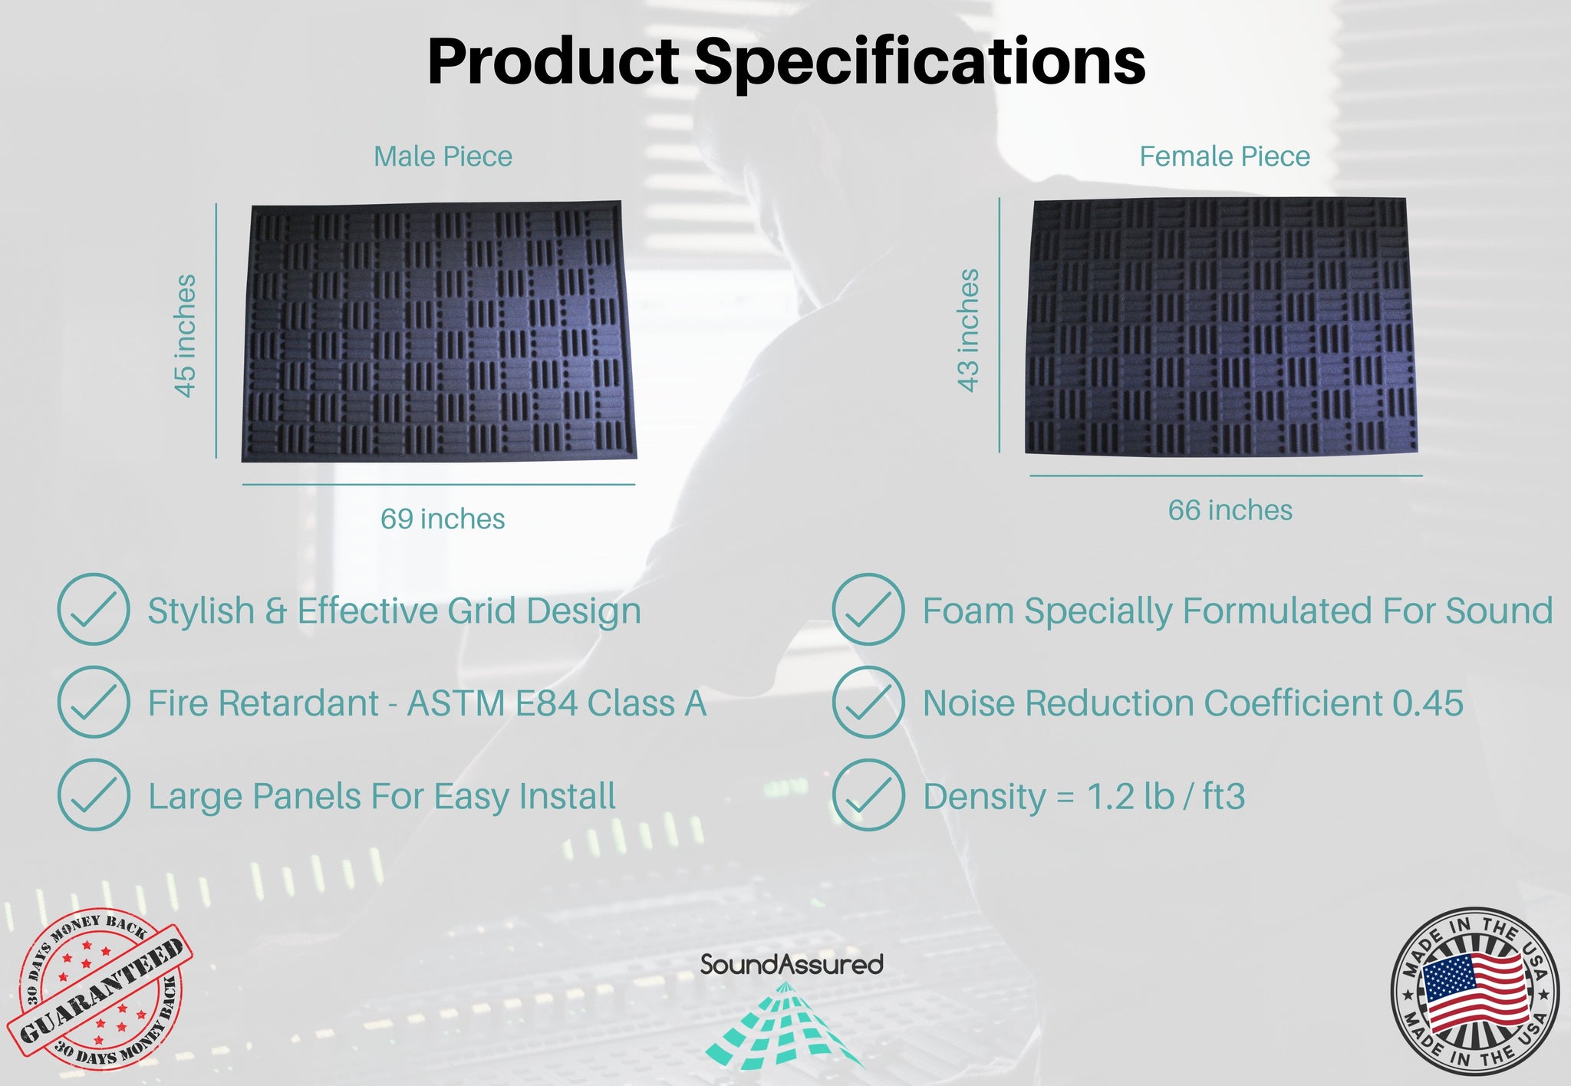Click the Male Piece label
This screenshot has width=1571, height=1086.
[x=443, y=156]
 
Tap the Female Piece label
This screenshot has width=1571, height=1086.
[x=1224, y=156]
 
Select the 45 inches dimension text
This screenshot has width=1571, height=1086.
[x=185, y=335]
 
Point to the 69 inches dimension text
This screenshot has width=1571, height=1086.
[x=443, y=519]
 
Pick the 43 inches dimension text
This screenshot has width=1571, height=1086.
[x=969, y=330]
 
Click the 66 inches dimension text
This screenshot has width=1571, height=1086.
[x=1230, y=510]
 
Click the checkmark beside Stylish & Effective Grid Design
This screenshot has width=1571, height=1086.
[x=94, y=609]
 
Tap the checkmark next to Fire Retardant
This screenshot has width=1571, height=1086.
[x=94, y=702]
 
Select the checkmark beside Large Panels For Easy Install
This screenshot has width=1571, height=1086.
[x=94, y=795]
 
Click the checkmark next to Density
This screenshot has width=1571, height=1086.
[x=868, y=795]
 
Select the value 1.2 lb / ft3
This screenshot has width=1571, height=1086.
[x=1165, y=796]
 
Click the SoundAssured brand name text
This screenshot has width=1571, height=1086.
[x=791, y=964]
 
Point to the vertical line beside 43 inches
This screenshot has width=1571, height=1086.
[x=1000, y=325]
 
